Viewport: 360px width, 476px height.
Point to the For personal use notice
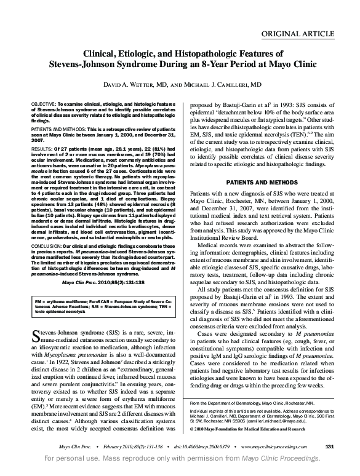tap(180, 459)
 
